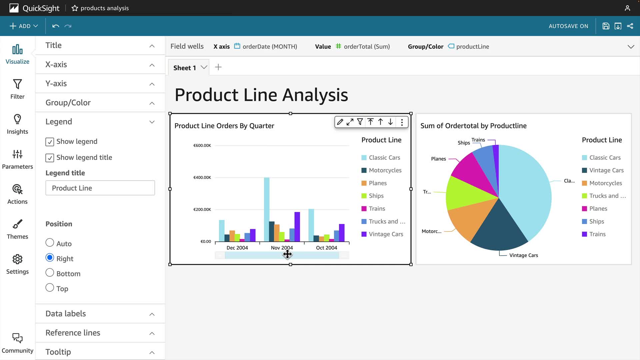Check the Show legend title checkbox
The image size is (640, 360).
click(50, 158)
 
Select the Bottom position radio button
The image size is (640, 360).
click(50, 273)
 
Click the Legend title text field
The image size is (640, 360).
click(100, 188)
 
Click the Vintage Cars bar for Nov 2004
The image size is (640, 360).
click(297, 227)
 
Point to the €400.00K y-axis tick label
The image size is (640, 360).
click(202, 177)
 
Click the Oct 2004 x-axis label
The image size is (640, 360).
click(326, 248)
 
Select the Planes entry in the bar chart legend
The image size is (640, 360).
click(377, 183)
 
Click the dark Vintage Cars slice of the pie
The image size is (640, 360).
click(499, 230)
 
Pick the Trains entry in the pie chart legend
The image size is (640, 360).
click(597, 234)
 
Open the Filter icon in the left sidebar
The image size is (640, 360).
click(17, 89)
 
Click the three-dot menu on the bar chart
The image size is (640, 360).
click(402, 122)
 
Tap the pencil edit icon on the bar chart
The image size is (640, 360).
click(340, 122)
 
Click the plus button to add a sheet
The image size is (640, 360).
click(218, 67)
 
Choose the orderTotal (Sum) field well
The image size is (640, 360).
click(366, 47)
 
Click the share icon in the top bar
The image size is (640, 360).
click(630, 26)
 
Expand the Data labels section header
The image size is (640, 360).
click(100, 314)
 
